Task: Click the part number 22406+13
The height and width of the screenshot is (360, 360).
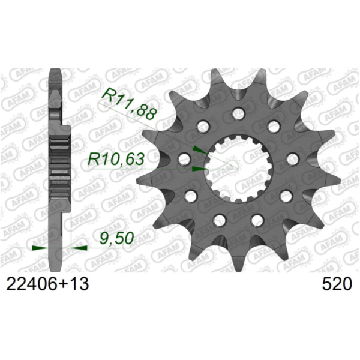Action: tap(47, 283)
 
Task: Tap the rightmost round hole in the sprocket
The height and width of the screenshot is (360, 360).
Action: tap(293, 159)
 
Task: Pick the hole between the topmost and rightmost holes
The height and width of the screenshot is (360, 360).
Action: tap(275, 126)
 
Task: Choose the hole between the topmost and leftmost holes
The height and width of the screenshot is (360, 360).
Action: tap(203, 126)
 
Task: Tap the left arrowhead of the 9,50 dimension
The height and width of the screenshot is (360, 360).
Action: tap(38, 247)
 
